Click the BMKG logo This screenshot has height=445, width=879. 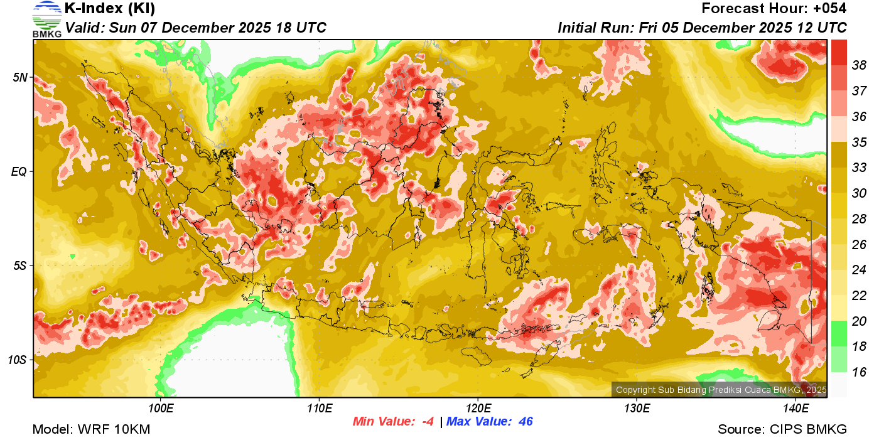47,19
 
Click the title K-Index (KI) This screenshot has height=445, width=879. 110,9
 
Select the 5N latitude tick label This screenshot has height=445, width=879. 20,77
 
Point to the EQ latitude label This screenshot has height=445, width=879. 19,171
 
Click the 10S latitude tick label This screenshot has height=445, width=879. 18,360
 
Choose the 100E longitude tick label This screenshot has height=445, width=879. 160,409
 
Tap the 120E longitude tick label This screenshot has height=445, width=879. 478,409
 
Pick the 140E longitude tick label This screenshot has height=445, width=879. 795,409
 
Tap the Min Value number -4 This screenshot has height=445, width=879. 428,422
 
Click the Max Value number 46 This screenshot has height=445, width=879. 526,422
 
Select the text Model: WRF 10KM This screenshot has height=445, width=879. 91,429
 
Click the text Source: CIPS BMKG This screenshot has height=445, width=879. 782,429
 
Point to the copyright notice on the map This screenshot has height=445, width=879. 721,390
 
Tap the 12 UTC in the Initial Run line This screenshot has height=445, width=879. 824,28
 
